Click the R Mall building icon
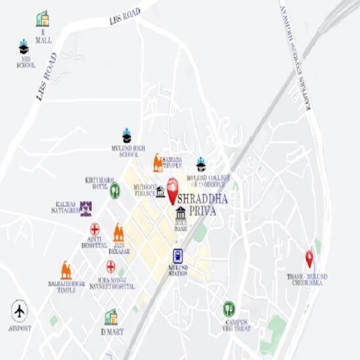click(x=43, y=18)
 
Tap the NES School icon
click(x=24, y=47)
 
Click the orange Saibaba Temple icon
click(x=158, y=162)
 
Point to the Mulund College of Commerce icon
click(x=201, y=164)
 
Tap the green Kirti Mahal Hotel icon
click(x=115, y=190)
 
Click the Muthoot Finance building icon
click(x=160, y=192)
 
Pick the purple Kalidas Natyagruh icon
click(x=86, y=208)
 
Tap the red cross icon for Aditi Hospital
click(x=95, y=230)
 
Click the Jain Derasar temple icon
click(x=118, y=232)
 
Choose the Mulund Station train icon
click(x=177, y=256)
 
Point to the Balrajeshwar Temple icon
click(x=66, y=270)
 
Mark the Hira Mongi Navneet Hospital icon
click(x=111, y=266)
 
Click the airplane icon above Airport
click(x=20, y=310)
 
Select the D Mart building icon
click(x=111, y=317)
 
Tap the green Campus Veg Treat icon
click(x=229, y=309)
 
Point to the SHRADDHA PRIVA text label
click(x=202, y=204)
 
